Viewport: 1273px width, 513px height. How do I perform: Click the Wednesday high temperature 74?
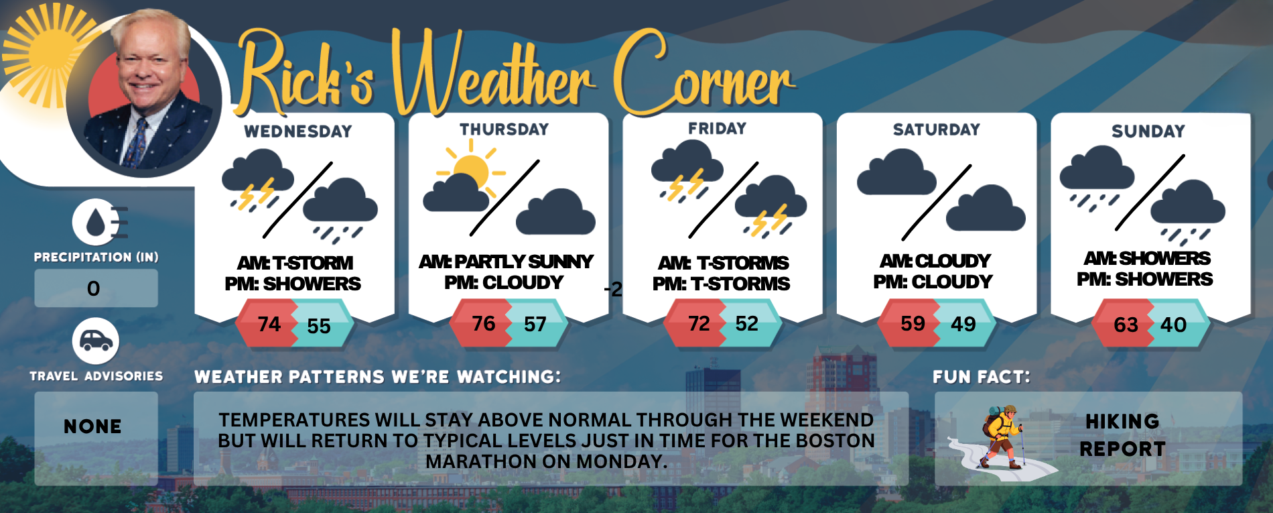tap(269, 324)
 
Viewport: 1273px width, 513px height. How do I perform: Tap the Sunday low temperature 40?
tap(1173, 325)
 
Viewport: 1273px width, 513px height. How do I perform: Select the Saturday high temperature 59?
tap(913, 324)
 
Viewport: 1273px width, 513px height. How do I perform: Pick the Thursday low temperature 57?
tap(535, 325)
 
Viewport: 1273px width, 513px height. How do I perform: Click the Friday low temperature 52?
tap(747, 324)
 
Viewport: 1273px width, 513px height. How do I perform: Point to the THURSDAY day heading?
tap(504, 129)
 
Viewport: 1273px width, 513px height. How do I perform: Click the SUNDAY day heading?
tap(1148, 131)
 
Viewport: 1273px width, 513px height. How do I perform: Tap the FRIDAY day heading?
tap(717, 128)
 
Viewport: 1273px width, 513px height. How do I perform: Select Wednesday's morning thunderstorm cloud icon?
tap(257, 178)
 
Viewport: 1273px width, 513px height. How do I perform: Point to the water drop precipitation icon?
tap(96, 222)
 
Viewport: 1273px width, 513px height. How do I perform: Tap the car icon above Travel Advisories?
tap(96, 341)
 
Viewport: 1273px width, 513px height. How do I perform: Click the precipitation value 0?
tap(94, 288)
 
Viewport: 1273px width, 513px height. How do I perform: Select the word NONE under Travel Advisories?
tap(93, 426)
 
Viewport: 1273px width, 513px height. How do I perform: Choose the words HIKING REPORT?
tap(1122, 435)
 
